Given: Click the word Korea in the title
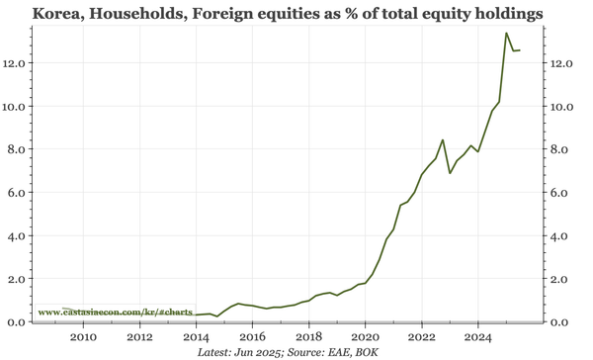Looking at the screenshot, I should [56, 15].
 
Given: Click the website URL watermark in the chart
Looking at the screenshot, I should [115, 313].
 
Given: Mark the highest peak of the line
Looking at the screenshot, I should [506, 34].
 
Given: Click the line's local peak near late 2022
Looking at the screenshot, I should [443, 140].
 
